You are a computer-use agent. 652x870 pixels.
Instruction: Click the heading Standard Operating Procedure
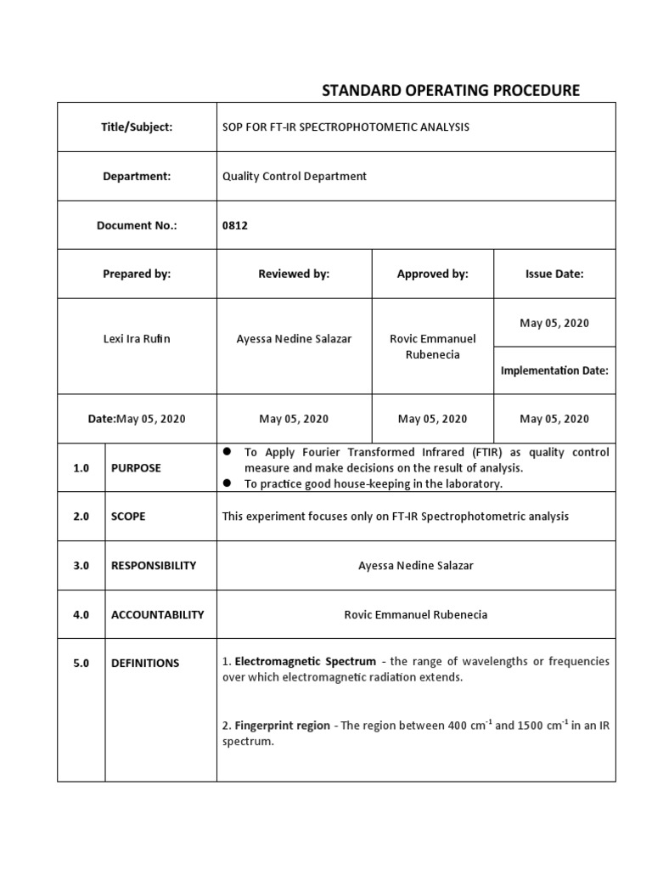[450, 90]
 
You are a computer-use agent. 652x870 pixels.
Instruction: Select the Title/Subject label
[137, 127]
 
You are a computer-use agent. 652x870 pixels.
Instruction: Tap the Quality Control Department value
[294, 176]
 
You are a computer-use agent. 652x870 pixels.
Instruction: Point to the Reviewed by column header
[294, 274]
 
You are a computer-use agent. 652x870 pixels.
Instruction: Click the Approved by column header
[432, 274]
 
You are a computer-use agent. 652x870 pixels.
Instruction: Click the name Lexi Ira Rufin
[137, 338]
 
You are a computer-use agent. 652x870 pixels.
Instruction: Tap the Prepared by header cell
[137, 274]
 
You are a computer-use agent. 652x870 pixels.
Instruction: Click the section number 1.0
[81, 468]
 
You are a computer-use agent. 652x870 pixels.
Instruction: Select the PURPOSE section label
[136, 468]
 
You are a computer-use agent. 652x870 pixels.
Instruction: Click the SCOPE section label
[128, 517]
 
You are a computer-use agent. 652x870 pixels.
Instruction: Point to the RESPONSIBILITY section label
[154, 565]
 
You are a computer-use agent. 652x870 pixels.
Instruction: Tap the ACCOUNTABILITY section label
[157, 614]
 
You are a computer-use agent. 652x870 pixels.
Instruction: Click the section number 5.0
[81, 663]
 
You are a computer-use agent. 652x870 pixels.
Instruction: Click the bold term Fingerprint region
[282, 726]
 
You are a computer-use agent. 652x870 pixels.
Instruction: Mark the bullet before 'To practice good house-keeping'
[228, 483]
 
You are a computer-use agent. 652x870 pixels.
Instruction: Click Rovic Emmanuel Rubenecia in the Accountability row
[416, 614]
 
